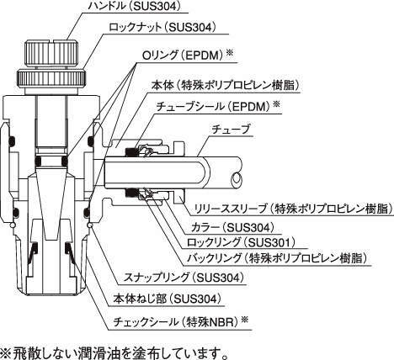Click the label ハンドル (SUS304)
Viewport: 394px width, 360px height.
(x=134, y=6)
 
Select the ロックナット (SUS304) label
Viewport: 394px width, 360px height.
(x=162, y=27)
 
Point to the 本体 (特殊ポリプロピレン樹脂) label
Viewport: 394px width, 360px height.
(x=225, y=85)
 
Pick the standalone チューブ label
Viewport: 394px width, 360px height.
(x=231, y=130)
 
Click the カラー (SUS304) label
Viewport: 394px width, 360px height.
(x=232, y=227)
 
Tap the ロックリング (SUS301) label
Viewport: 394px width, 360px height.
(x=242, y=242)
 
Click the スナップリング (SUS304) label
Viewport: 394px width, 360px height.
(x=184, y=278)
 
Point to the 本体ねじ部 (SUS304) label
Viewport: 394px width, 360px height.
(x=167, y=299)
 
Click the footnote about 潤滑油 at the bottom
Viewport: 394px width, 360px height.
(x=114, y=352)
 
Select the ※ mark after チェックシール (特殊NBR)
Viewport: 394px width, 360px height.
(x=245, y=320)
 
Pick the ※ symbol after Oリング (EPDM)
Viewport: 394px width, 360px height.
(x=229, y=53)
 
